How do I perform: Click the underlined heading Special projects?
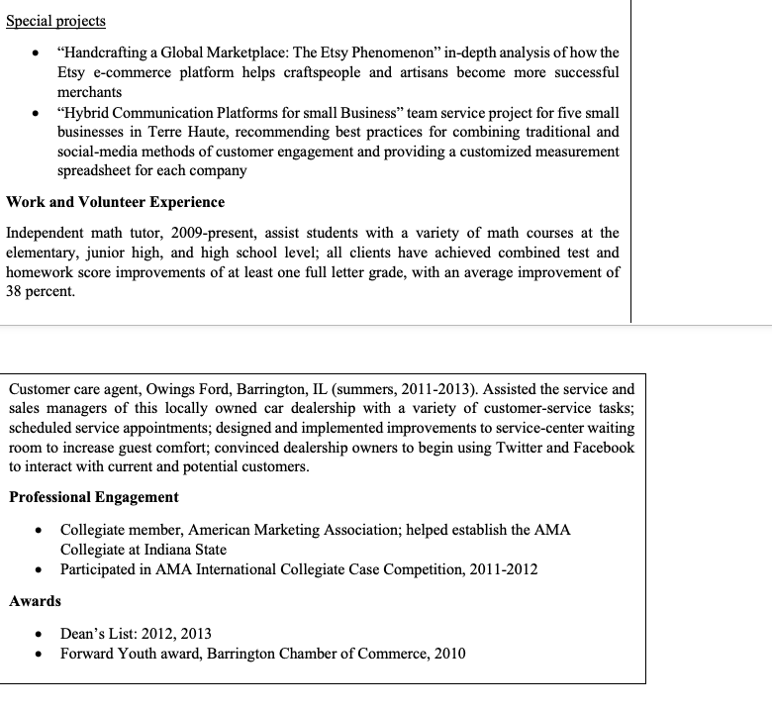[x=55, y=21]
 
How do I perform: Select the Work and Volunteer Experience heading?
[x=116, y=202]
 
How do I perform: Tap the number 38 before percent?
[x=17, y=292]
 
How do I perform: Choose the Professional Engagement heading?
[x=94, y=497]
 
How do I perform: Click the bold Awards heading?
[x=35, y=601]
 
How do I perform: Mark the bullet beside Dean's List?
[x=37, y=634]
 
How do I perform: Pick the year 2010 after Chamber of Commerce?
[x=447, y=654]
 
